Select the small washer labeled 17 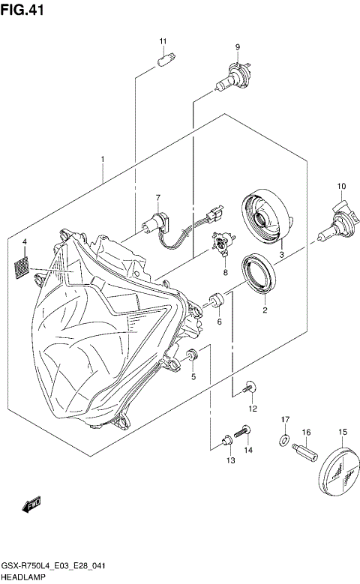tap(284, 438)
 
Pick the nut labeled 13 tap(227, 443)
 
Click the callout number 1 tap(102, 159)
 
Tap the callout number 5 tap(193, 377)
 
